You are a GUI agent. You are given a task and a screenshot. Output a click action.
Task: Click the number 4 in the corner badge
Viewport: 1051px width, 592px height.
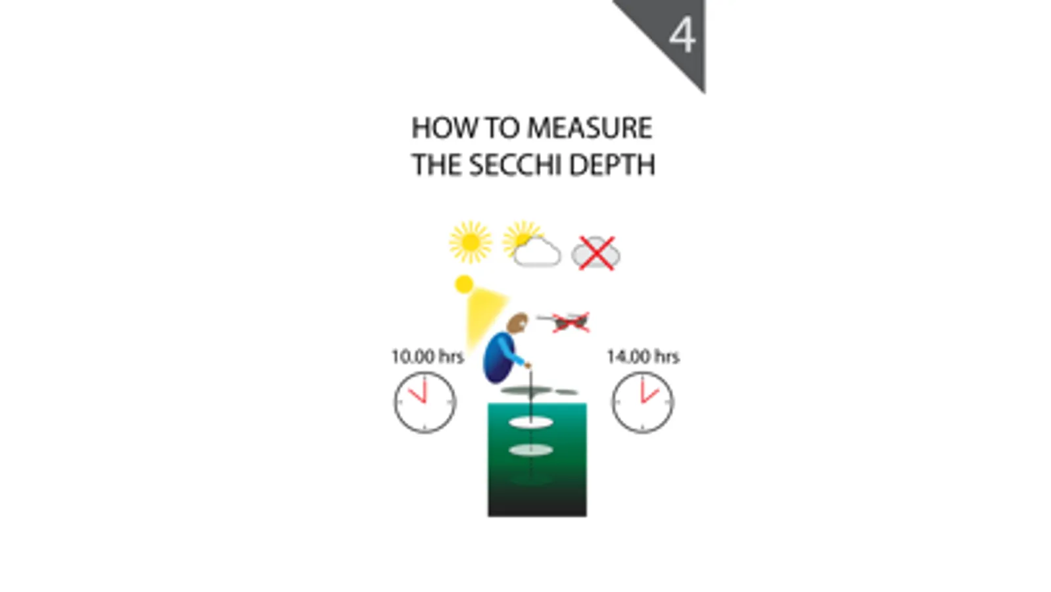682,36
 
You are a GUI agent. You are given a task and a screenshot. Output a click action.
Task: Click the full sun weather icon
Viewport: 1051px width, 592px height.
470,242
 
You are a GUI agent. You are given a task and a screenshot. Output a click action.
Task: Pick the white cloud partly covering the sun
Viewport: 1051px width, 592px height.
538,252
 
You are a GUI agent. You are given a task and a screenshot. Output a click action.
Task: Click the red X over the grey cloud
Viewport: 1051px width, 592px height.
596,253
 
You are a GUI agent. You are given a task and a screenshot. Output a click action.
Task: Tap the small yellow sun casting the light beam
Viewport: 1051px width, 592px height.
464,284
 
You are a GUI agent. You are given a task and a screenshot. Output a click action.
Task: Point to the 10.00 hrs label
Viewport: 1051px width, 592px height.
427,357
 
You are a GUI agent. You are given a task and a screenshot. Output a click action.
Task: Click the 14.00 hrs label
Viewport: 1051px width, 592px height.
642,357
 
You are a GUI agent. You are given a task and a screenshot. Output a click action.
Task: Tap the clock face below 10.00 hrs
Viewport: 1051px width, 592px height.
425,402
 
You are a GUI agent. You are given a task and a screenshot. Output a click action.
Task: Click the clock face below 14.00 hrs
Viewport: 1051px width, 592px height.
642,402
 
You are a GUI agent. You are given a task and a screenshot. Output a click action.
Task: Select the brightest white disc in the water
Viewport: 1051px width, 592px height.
530,422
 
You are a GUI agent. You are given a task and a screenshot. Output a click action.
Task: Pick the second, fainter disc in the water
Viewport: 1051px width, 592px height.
530,451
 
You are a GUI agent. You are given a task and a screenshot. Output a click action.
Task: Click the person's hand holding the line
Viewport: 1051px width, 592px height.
526,365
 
